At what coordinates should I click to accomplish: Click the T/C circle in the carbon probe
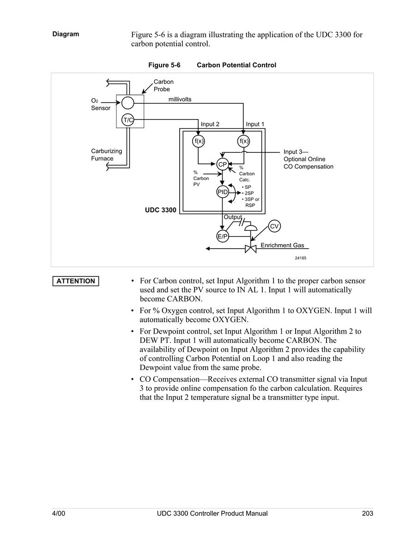click(128, 120)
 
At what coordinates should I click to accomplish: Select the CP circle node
click(223, 165)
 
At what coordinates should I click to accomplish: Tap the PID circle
click(223, 192)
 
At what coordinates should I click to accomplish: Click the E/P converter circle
click(223, 236)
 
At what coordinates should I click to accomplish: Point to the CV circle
click(274, 227)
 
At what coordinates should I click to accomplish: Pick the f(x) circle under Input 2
click(198, 141)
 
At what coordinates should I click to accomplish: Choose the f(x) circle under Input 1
click(243, 141)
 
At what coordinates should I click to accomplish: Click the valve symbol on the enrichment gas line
click(251, 249)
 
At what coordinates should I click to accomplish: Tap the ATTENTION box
click(76, 281)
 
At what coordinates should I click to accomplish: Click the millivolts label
click(180, 99)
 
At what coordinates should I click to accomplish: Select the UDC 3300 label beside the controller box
click(161, 210)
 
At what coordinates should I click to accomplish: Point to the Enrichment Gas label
click(282, 245)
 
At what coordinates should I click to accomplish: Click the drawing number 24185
click(300, 258)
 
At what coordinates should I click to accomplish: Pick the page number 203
click(368, 513)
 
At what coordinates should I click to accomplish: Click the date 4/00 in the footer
click(59, 513)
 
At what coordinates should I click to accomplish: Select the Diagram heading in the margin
click(66, 34)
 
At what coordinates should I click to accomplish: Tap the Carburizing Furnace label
click(107, 155)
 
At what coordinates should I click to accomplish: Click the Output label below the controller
click(233, 217)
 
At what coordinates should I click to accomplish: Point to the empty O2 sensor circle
click(128, 102)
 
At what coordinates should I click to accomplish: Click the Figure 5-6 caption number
click(164, 65)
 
